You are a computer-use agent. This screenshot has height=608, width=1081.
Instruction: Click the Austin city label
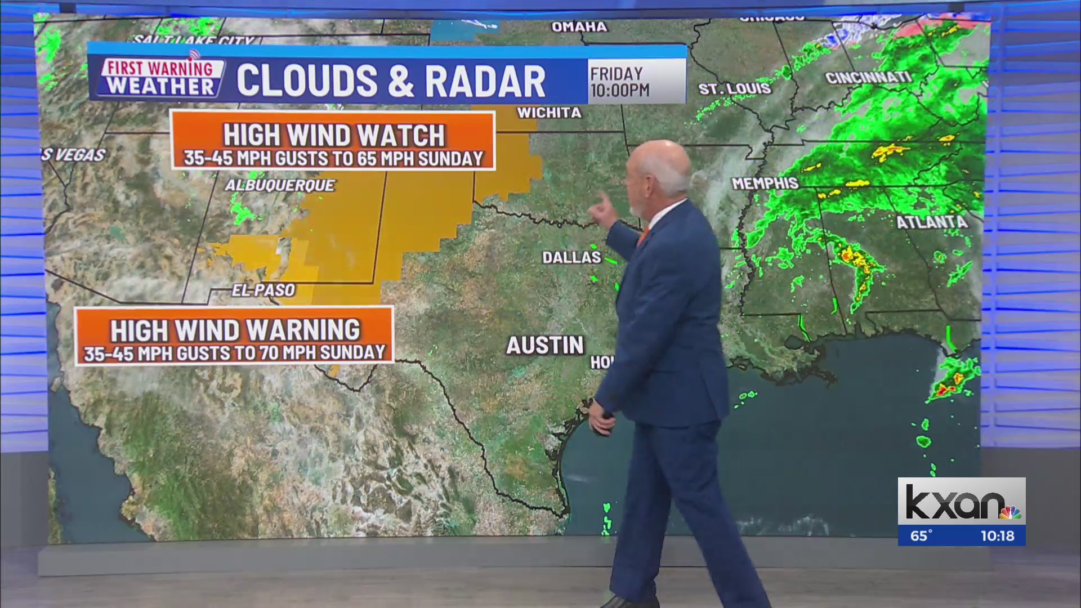click(x=544, y=345)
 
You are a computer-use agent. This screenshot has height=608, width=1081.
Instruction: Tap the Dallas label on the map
click(x=571, y=257)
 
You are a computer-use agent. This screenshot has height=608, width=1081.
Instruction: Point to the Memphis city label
click(x=765, y=183)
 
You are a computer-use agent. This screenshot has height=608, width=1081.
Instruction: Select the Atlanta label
click(x=932, y=222)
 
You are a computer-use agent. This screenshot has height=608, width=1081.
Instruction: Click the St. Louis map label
click(x=735, y=88)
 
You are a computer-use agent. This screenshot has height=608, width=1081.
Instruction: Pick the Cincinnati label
click(x=868, y=77)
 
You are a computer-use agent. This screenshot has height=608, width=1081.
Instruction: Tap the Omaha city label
click(x=579, y=26)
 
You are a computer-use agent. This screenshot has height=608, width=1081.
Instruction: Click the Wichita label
click(x=549, y=113)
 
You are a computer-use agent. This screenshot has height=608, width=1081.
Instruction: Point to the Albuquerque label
click(x=280, y=185)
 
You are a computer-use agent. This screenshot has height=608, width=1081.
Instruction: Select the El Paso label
click(x=263, y=290)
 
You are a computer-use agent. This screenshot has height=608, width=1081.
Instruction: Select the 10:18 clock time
click(x=997, y=535)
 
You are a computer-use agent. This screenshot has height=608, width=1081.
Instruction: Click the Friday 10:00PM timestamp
click(x=619, y=82)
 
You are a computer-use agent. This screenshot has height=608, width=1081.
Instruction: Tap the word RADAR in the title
click(x=485, y=81)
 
